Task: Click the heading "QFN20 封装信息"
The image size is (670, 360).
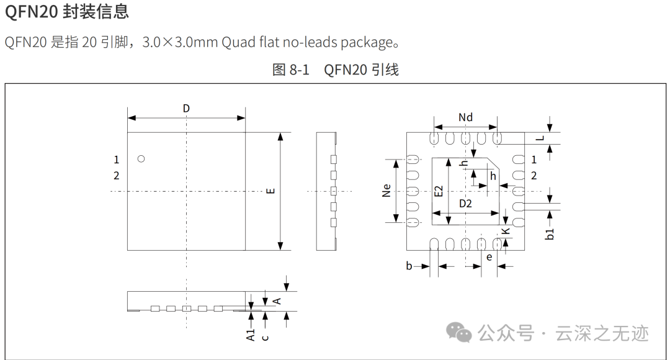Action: coord(67,11)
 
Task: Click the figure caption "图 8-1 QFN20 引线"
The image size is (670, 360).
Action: coord(335,70)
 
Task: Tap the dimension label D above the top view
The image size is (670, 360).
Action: coord(186,109)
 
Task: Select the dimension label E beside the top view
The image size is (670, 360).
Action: coord(270,191)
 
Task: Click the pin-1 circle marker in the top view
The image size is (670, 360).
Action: coord(141,159)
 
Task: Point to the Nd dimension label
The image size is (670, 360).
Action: coord(465,117)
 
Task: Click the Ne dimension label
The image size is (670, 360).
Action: coord(386,190)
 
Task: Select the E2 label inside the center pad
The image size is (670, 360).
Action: coord(439,191)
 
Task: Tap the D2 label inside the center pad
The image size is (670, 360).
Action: coord(465,203)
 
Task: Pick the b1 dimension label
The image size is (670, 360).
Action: coord(549,234)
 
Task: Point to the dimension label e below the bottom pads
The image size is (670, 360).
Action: coord(489,256)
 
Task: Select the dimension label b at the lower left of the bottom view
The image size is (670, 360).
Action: coord(409,266)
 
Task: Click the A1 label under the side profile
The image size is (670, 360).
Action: coord(251,335)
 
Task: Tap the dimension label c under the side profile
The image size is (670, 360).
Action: coord(266,337)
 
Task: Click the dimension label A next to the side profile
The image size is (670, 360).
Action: coord(277,300)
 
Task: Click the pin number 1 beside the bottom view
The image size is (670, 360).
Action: coord(534,160)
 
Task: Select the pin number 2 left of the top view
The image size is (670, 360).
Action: coord(116,176)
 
